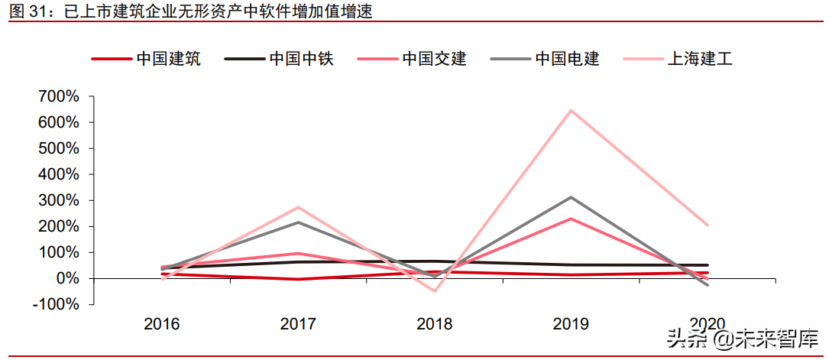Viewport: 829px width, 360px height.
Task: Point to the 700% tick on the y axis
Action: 59,96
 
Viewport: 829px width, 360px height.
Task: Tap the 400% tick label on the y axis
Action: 59,174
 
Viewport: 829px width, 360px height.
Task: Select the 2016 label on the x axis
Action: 162,324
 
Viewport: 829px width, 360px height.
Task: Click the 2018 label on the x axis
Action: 435,324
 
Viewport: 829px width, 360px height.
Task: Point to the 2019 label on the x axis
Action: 571,324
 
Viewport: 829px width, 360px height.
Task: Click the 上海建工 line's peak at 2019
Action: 571,110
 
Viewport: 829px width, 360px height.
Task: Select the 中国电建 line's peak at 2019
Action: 571,197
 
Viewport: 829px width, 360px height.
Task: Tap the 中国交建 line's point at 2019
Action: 571,219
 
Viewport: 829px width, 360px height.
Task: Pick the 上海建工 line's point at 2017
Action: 298,207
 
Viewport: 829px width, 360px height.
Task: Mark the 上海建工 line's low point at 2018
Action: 435,291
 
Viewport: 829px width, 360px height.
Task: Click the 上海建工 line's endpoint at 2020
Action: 708,225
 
